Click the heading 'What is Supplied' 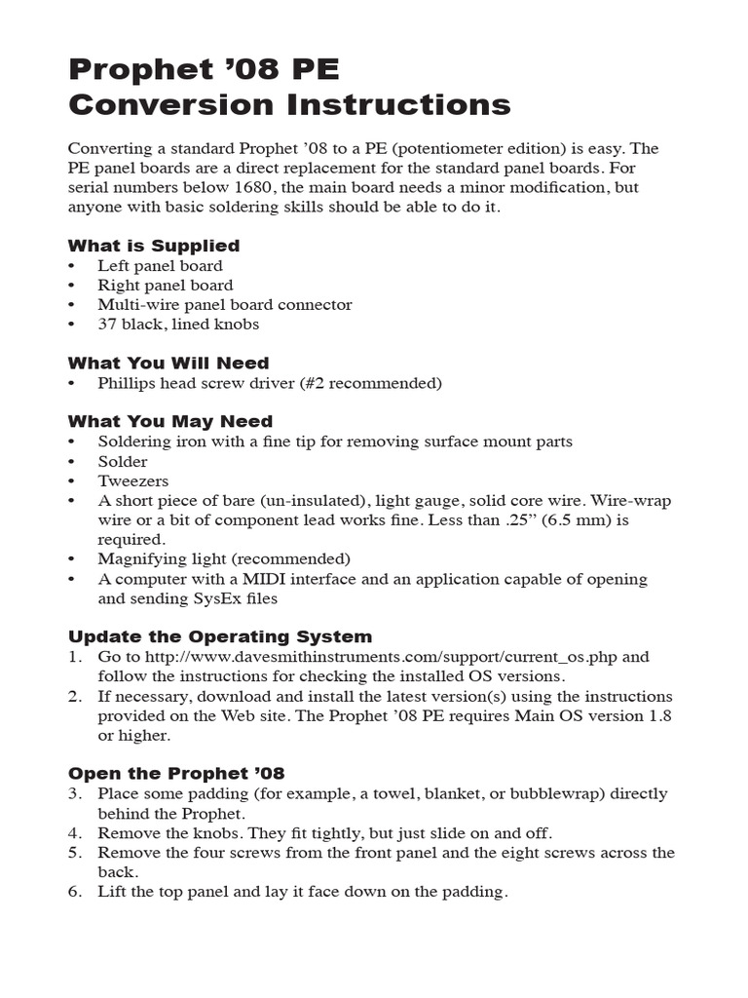tap(153, 246)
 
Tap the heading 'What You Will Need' tap(168, 364)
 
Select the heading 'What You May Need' tap(169, 422)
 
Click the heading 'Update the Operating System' tap(219, 636)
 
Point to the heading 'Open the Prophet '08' tap(176, 774)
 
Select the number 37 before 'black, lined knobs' tap(107, 325)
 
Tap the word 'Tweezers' tap(132, 481)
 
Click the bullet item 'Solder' tap(123, 462)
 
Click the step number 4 tap(74, 833)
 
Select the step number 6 tap(74, 892)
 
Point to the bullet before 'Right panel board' tap(72, 286)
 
